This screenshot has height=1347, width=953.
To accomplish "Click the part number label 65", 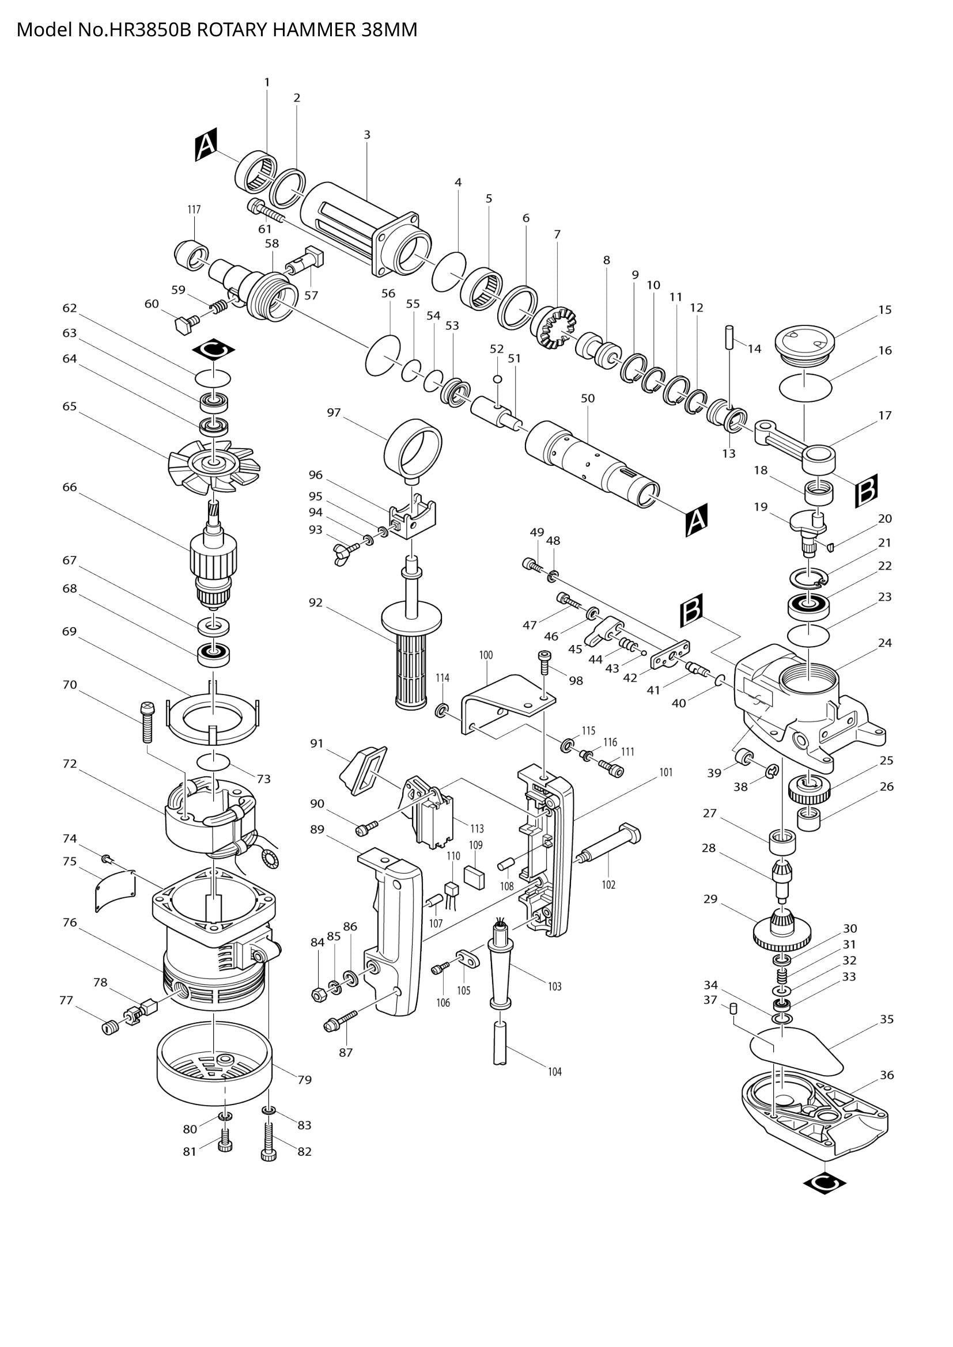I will click(x=69, y=406).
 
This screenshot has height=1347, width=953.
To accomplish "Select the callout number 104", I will click(x=554, y=1072).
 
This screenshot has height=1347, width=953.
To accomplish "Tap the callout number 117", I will click(x=194, y=210).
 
